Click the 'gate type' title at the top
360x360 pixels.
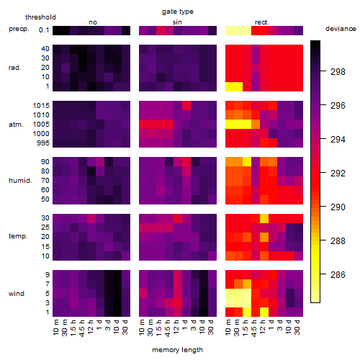point(178,12)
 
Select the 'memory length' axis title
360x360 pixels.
point(177,350)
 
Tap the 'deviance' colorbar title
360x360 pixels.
point(341,29)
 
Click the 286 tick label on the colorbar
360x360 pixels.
point(338,274)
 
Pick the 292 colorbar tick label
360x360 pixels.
point(338,173)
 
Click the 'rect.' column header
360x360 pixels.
point(262,22)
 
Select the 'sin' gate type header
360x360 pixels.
point(177,22)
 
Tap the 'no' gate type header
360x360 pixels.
point(93,22)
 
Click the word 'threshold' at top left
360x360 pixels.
point(40,17)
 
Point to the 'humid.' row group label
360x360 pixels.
point(20,181)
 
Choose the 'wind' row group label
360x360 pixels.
point(17,294)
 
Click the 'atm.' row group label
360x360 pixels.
point(16,125)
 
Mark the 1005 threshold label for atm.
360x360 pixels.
point(41,125)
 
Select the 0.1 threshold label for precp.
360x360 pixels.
point(44,30)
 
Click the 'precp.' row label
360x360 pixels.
point(19,29)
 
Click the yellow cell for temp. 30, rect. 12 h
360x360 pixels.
point(264,218)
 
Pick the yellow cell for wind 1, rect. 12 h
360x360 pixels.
point(264,312)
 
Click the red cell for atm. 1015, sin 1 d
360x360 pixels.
point(186,105)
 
